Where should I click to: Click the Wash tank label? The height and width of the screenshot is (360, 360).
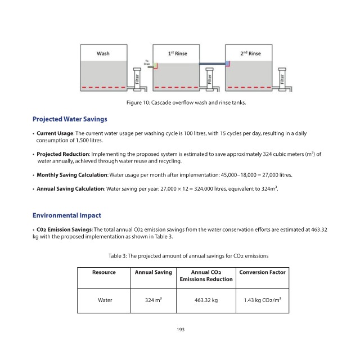pos(103,53)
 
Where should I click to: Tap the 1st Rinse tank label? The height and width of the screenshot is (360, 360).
pos(178,53)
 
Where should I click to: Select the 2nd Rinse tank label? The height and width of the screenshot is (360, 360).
pos(250,53)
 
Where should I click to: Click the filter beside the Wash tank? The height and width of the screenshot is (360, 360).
pos(137,79)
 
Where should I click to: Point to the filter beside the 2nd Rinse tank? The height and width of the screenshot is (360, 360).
pos(282,79)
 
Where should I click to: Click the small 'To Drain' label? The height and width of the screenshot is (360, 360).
pos(147,62)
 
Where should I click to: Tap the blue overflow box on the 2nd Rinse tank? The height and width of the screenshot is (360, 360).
pos(227,63)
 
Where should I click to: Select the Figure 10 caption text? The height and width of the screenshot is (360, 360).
pos(186,102)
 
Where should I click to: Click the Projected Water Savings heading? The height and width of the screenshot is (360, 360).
pos(70,119)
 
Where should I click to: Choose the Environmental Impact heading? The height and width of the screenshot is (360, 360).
pos(67,215)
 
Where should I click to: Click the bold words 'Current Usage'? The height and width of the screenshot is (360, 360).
pos(55,133)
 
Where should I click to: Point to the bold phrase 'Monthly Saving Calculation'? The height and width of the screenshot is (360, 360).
pos(72,175)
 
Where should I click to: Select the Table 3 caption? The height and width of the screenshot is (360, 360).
pos(188,256)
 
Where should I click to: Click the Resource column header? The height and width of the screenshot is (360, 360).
pos(103,272)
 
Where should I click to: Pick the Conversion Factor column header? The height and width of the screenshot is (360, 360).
pos(262,272)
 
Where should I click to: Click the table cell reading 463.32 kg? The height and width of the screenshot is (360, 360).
pos(206,300)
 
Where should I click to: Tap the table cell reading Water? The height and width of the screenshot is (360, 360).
pos(105,300)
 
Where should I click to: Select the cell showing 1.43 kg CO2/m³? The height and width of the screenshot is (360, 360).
pos(263,300)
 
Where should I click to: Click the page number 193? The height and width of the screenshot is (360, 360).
pos(181,330)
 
